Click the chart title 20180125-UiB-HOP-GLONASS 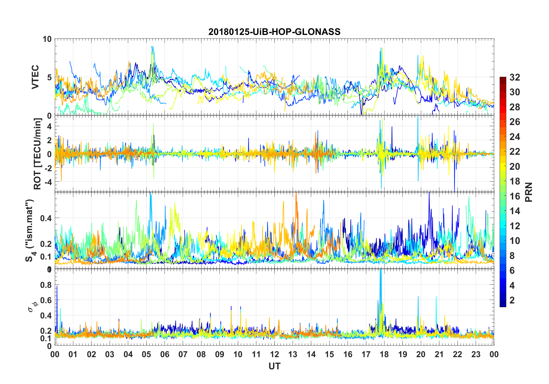click(x=274, y=32)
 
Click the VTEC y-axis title click(x=35, y=77)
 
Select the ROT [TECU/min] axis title click(x=38, y=154)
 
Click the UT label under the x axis click(x=274, y=366)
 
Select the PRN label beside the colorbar click(x=529, y=192)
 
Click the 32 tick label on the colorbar click(x=515, y=77)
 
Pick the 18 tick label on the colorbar click(x=515, y=181)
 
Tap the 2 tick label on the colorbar click(x=512, y=300)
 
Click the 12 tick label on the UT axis click(x=274, y=354)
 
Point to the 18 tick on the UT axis click(x=384, y=354)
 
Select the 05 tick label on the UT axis click(x=146, y=354)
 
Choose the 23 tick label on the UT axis click(x=476, y=354)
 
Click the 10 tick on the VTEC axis click(x=47, y=39)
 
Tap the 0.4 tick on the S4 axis click(x=46, y=218)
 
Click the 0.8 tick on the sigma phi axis click(x=46, y=285)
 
